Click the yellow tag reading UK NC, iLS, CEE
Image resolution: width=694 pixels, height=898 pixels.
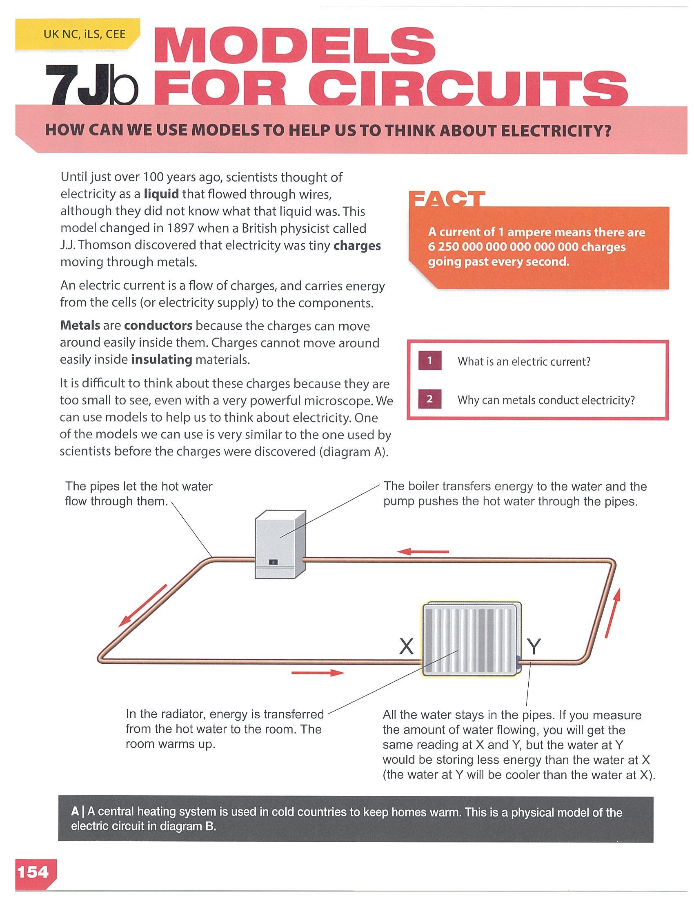[78, 34]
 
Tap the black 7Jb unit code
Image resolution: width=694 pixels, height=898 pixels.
[91, 85]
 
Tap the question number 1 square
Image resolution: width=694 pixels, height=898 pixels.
[429, 360]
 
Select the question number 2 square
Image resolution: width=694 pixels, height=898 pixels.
[429, 399]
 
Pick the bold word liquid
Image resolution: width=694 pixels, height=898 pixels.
[161, 194]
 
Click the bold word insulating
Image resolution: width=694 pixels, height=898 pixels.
[161, 360]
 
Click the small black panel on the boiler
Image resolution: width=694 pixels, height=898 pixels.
[274, 562]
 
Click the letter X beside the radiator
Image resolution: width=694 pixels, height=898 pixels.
[406, 647]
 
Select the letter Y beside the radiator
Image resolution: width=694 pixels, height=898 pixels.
[534, 647]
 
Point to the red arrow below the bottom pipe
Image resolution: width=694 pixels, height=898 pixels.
[318, 673]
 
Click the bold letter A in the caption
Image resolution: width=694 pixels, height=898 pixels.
[75, 811]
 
